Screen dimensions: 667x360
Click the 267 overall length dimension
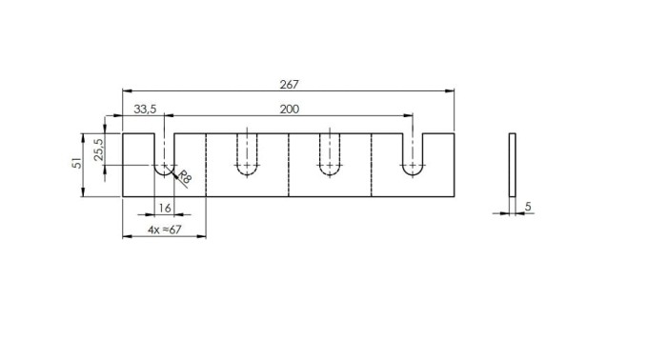(290, 85)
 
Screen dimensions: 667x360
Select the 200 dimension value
(290, 110)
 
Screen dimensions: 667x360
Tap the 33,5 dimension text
(145, 110)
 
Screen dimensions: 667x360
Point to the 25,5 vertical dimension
(99, 149)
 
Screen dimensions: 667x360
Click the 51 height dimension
(77, 163)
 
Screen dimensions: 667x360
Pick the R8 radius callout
(185, 176)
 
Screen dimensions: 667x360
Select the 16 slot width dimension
(165, 208)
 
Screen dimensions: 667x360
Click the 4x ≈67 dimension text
(165, 230)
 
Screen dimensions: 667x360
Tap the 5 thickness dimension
(528, 207)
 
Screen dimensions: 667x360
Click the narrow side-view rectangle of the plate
(513, 165)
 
